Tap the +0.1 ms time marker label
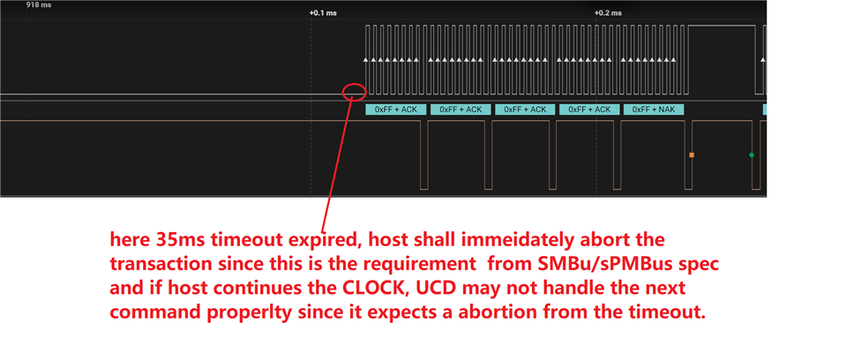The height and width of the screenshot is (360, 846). (323, 13)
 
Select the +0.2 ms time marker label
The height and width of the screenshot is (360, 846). (608, 13)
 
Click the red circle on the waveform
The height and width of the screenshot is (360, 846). (354, 91)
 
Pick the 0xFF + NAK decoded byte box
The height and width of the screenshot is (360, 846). (654, 109)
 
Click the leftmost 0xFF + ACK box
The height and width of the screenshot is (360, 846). (396, 109)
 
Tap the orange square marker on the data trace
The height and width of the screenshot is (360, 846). (692, 155)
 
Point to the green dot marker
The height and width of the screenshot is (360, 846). (752, 155)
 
